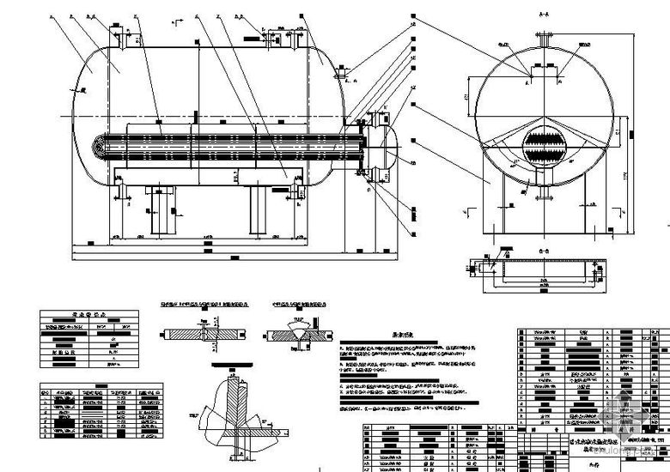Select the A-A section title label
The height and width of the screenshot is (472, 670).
coord(543,15)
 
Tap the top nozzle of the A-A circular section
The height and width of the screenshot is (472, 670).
coord(543,40)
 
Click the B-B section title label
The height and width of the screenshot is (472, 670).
coord(543,251)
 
